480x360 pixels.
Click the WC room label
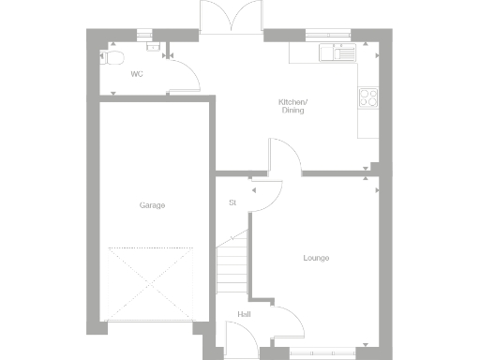click(136, 73)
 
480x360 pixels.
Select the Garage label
click(152, 205)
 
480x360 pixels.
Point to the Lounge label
click(316, 258)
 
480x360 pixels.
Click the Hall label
click(244, 314)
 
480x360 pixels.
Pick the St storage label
click(232, 202)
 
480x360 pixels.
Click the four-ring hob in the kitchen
click(367, 97)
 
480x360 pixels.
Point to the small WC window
click(143, 35)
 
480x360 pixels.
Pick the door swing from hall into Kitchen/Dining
click(285, 157)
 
